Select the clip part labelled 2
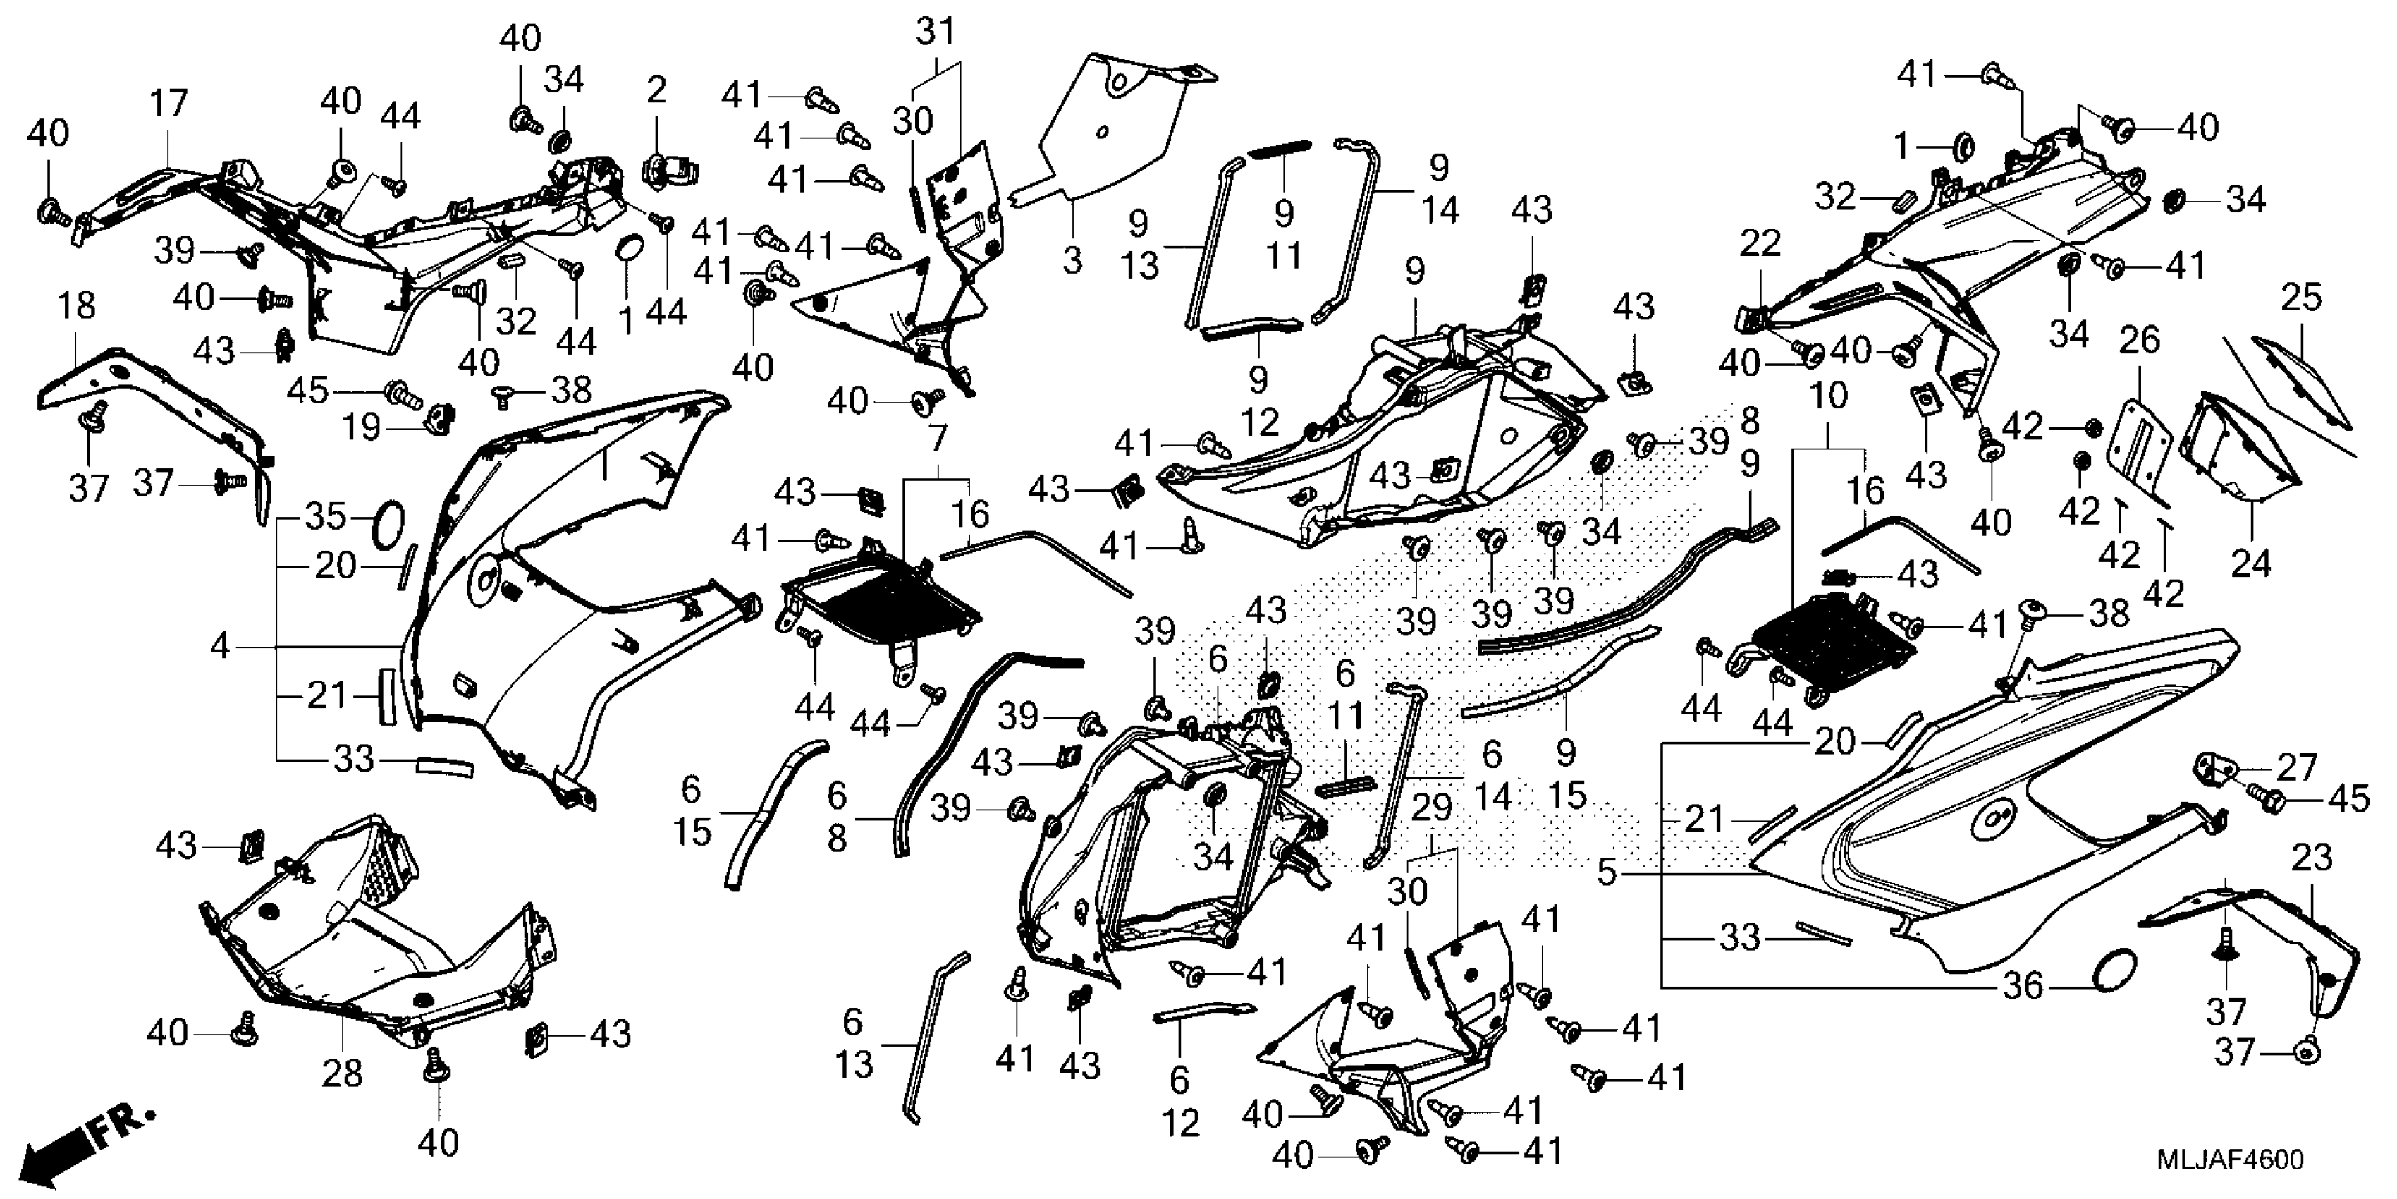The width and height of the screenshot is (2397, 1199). pyautogui.click(x=668, y=171)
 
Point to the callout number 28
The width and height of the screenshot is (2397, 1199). pyautogui.click(x=341, y=1073)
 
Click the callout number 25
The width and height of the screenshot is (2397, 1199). pyautogui.click(x=2301, y=298)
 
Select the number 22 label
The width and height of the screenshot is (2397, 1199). pyautogui.click(x=1760, y=244)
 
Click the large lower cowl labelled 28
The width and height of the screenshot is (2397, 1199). pyautogui.click(x=372, y=940)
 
